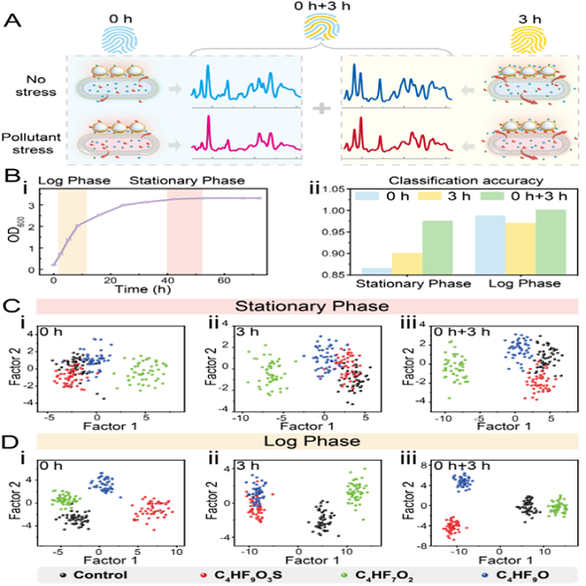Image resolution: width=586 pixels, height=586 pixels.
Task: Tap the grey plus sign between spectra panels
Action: point(314,108)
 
